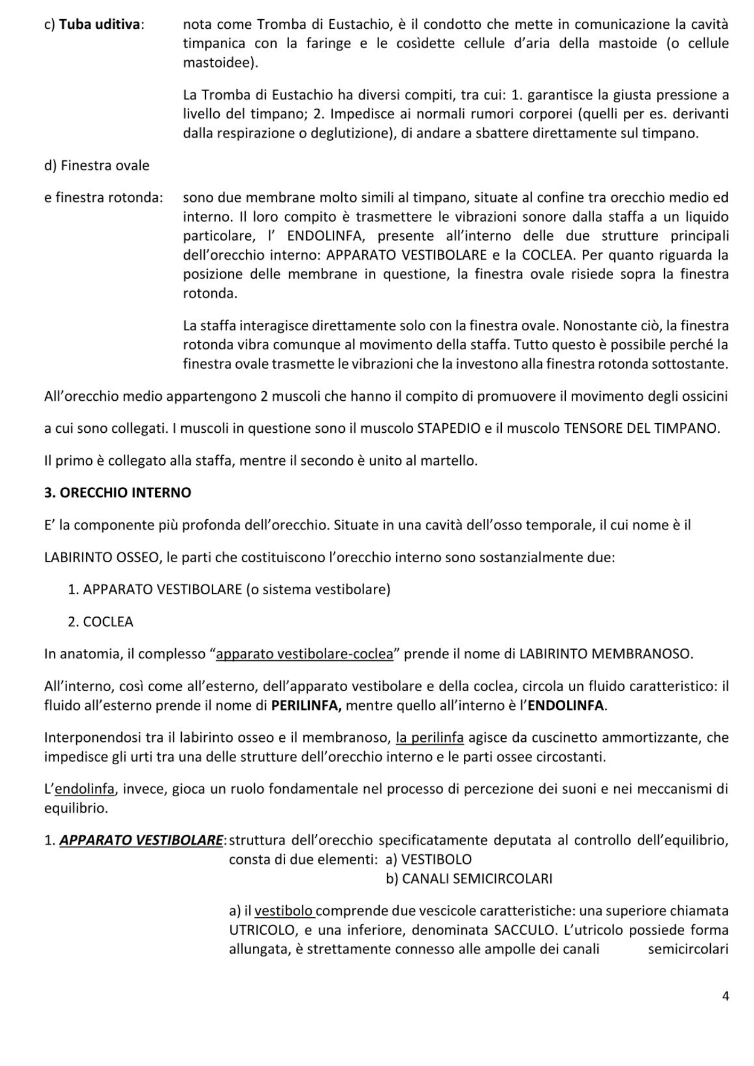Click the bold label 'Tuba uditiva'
(100, 25)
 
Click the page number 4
(725, 996)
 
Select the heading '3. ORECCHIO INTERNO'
(117, 492)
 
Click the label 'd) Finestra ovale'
(97, 165)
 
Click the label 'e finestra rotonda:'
(103, 198)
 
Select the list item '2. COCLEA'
(100, 621)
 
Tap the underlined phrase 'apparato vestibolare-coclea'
(304, 653)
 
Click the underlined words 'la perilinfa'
(430, 738)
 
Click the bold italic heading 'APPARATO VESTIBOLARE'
(141, 840)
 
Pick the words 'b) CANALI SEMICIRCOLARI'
(469, 878)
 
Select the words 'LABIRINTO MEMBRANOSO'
(605, 653)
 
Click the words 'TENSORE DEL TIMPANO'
(641, 428)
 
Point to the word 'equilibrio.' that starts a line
(76, 808)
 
